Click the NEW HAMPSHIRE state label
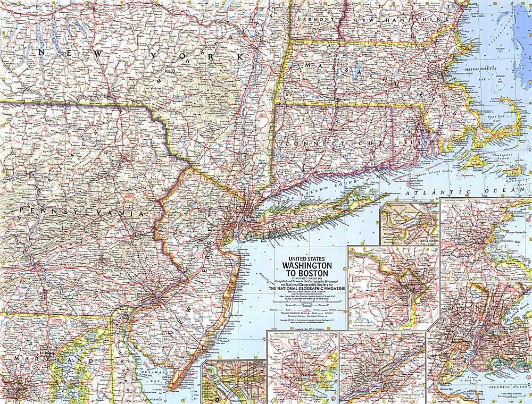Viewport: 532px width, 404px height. (396, 19)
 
